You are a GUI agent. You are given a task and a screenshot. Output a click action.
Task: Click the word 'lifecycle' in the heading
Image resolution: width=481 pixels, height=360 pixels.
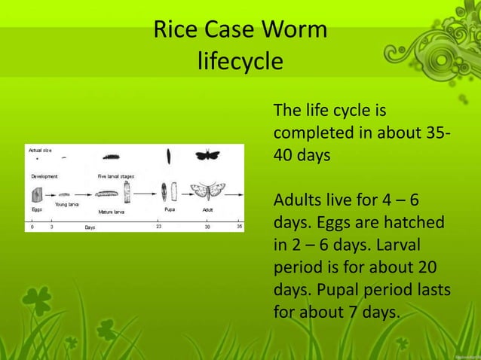pyautogui.click(x=240, y=60)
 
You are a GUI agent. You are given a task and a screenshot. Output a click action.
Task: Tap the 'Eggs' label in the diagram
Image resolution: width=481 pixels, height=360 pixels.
pyautogui.click(x=36, y=208)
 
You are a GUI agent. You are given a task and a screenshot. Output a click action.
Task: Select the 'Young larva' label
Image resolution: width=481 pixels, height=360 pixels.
pyautogui.click(x=66, y=205)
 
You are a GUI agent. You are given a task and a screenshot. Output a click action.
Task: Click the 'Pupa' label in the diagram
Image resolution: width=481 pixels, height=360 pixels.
pyautogui.click(x=170, y=208)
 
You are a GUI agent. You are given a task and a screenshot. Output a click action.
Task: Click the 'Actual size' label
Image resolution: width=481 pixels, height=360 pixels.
pyautogui.click(x=41, y=150)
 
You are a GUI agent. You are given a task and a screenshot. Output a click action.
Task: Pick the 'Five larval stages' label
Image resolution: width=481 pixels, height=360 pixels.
pyautogui.click(x=116, y=176)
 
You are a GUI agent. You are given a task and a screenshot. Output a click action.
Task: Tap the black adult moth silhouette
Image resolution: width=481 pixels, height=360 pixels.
pyautogui.click(x=207, y=155)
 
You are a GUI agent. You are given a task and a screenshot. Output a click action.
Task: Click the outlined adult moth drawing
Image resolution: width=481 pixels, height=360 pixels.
pyautogui.click(x=204, y=191)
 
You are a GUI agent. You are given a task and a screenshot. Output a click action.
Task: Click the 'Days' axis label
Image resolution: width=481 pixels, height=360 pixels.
pyautogui.click(x=90, y=226)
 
